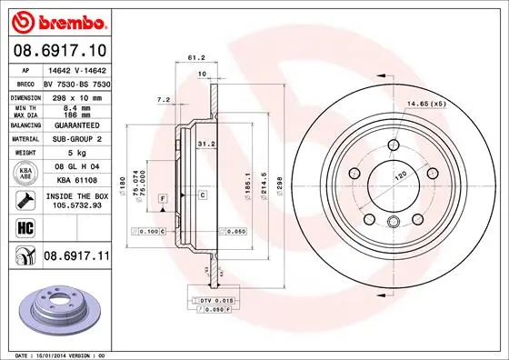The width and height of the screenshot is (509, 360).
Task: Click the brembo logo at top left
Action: [57, 20]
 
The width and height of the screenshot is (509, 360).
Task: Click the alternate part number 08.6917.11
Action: [75, 258]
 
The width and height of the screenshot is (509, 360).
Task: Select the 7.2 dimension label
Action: [164, 99]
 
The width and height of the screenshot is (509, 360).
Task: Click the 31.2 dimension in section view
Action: [205, 142]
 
